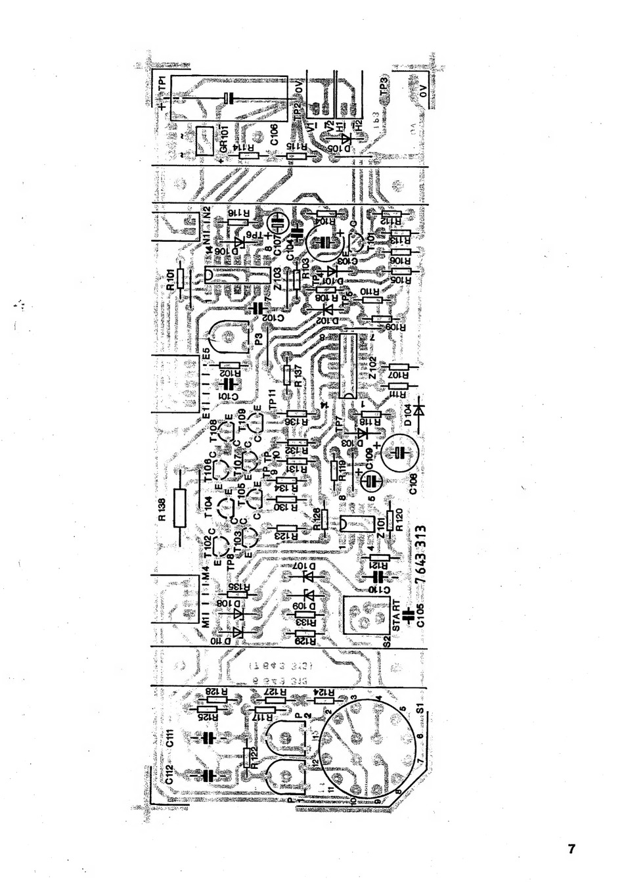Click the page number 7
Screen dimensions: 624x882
(x=571, y=848)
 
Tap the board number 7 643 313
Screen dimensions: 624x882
(x=420, y=550)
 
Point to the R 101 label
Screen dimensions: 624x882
(x=171, y=281)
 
